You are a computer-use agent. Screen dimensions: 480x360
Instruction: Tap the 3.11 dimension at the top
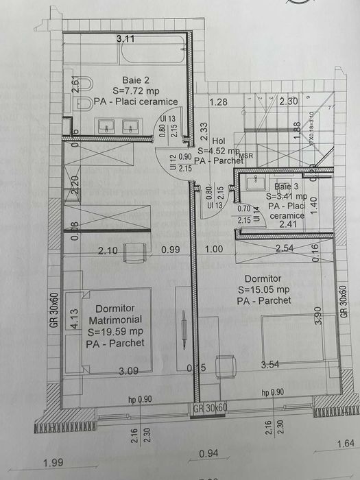(x=125, y=39)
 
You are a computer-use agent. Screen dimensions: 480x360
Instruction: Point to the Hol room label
(x=219, y=139)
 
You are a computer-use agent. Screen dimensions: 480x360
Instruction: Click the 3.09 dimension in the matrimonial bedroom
(x=129, y=372)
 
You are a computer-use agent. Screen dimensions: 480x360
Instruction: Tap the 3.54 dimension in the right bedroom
(x=273, y=365)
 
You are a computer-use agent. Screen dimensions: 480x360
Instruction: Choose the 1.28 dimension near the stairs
(x=219, y=102)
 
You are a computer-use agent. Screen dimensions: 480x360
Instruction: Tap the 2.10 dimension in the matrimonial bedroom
(x=108, y=251)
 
